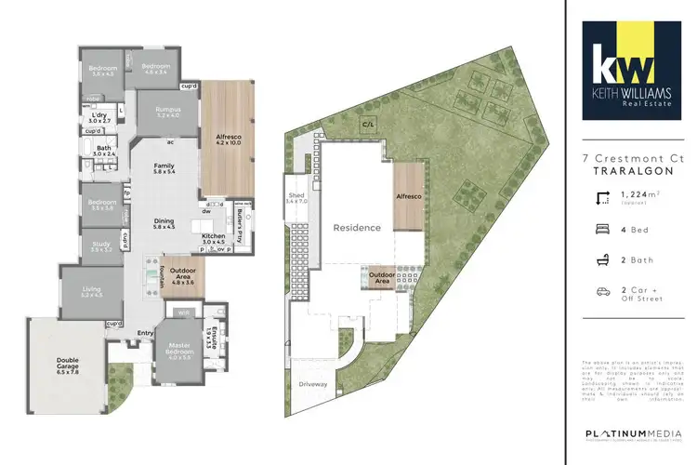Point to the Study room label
click(101, 246)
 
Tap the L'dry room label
click(99, 118)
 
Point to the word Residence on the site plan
click(357, 228)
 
